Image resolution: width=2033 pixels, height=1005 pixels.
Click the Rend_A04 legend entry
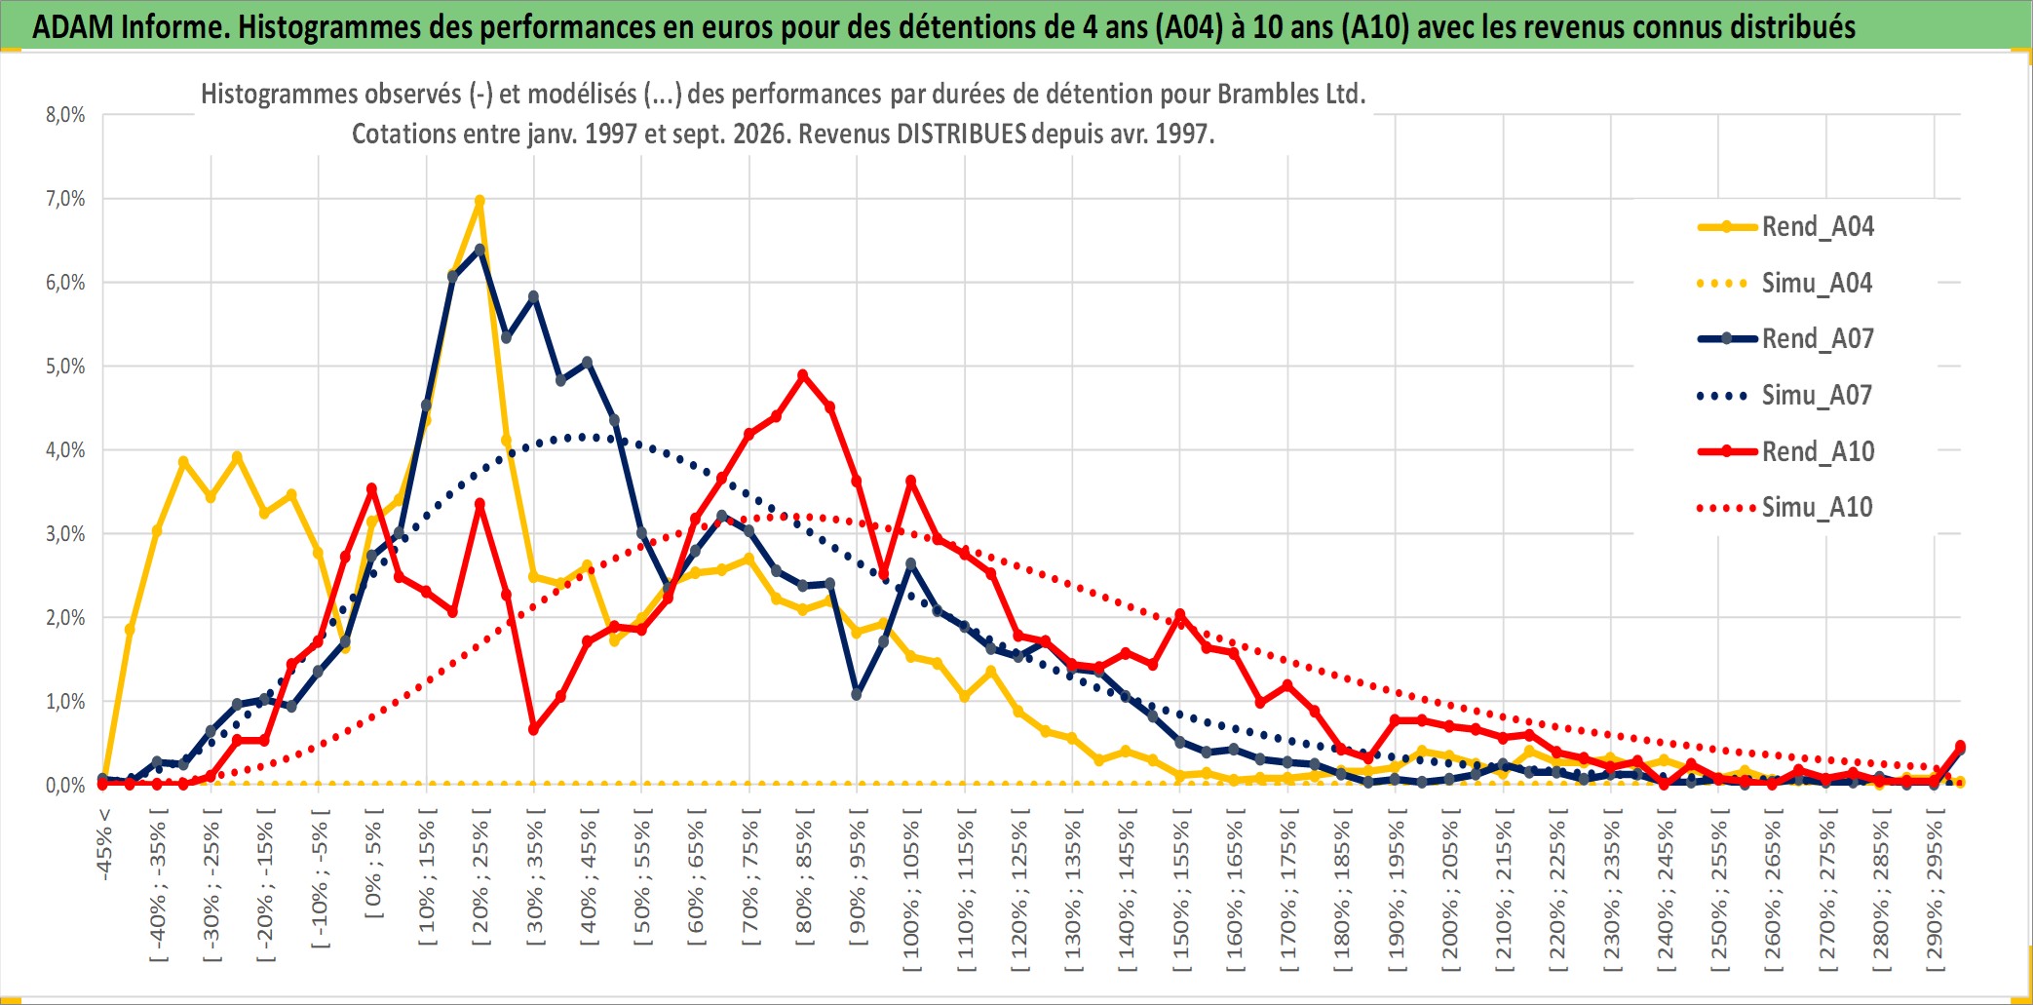pyautogui.click(x=1785, y=227)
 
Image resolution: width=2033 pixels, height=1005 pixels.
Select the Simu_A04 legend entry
pyautogui.click(x=1785, y=284)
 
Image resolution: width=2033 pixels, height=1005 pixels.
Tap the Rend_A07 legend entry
pyautogui.click(x=1785, y=339)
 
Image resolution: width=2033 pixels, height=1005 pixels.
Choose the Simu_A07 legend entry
pyautogui.click(x=1785, y=396)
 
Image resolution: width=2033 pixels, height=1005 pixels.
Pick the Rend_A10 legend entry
pyautogui.click(x=1785, y=452)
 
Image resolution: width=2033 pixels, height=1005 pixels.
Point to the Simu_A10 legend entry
pyautogui.click(x=1785, y=508)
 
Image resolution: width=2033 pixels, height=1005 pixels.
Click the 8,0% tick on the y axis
pyautogui.click(x=65, y=115)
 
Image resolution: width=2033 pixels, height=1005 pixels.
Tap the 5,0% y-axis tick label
pyautogui.click(x=65, y=367)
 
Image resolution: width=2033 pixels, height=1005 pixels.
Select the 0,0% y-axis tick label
pyautogui.click(x=65, y=786)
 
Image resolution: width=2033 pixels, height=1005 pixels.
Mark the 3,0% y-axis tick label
pyautogui.click(x=65, y=534)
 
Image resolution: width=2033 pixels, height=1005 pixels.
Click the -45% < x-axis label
pyautogui.click(x=104, y=844)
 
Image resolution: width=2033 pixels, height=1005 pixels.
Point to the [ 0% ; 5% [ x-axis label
pyautogui.click(x=374, y=864)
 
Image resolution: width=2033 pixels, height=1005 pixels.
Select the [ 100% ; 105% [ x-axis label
pyautogui.click(x=911, y=890)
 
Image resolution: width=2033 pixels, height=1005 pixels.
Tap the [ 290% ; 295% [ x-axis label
pyautogui.click(x=1935, y=890)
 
